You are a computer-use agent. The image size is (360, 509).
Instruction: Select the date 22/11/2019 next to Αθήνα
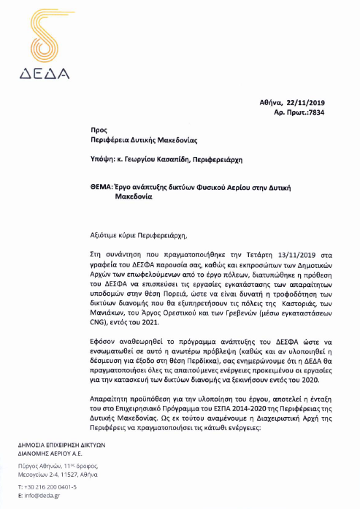[x=305, y=107]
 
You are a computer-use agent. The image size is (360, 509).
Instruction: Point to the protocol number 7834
[x=319, y=115]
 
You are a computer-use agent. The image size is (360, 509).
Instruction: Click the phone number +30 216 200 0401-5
[x=50, y=485]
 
